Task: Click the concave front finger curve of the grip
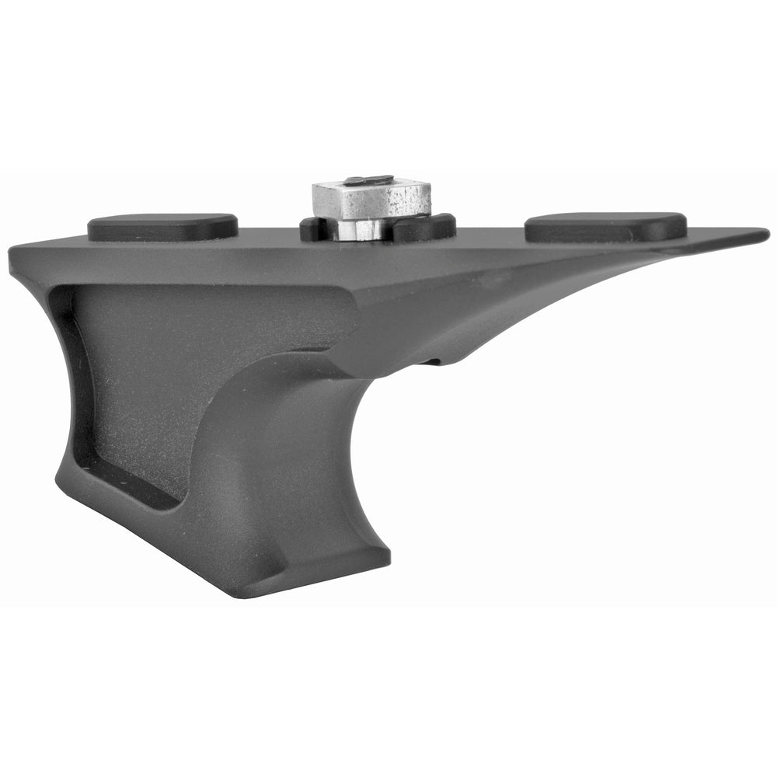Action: click(x=319, y=435)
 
